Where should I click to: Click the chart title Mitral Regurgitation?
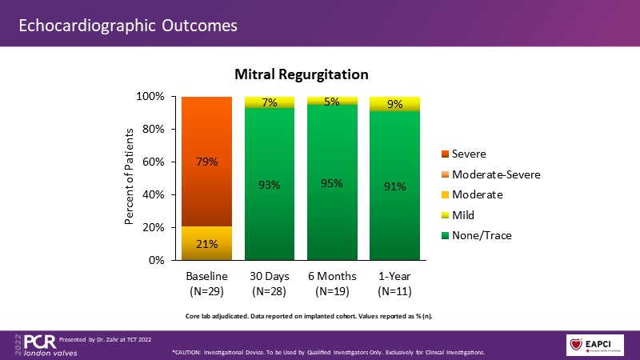point(301,75)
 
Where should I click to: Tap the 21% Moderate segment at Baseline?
point(206,244)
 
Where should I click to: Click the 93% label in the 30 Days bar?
point(270,186)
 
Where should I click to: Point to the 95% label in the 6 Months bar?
point(332,183)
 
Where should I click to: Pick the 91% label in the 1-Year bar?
point(394,186)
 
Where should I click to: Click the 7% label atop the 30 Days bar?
point(270,102)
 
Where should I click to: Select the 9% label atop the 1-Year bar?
point(394,103)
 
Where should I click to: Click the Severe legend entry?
point(469,154)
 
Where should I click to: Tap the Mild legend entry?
point(464,214)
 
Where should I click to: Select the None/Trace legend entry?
point(476,234)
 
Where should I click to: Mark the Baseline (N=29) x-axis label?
point(206,283)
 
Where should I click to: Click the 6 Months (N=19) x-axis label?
point(332,283)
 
